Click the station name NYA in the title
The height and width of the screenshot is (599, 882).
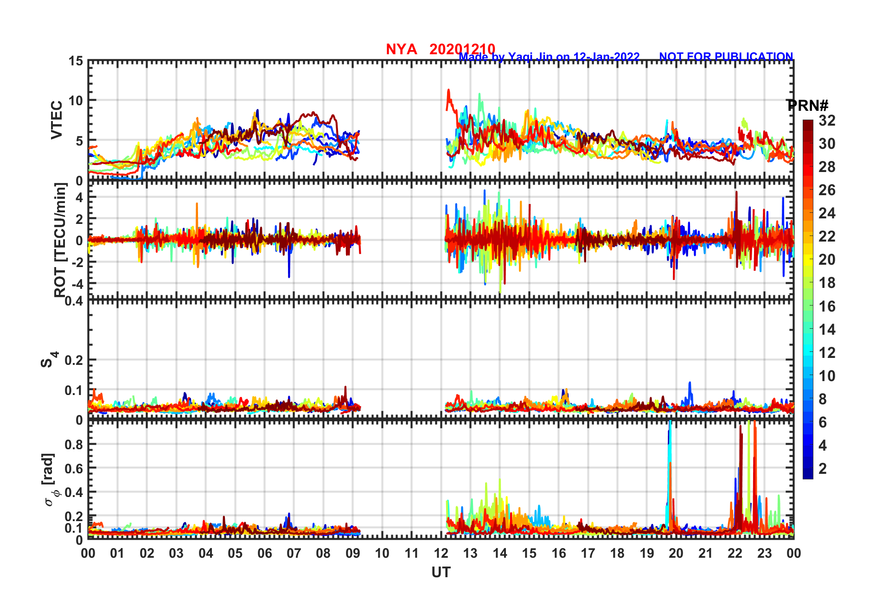[x=401, y=49]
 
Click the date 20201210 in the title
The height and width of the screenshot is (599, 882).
[x=462, y=49]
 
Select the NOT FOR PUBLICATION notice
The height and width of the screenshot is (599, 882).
[x=726, y=57]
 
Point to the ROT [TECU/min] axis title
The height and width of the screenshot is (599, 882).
[x=60, y=240]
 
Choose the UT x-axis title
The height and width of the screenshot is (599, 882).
[x=441, y=573]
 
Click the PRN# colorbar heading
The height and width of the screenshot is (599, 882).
[x=807, y=106]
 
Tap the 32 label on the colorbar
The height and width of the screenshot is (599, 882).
[x=827, y=121]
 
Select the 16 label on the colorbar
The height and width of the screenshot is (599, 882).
[x=827, y=306]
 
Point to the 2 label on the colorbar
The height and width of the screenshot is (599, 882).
[x=823, y=468]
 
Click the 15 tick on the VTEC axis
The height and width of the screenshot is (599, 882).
[x=76, y=61]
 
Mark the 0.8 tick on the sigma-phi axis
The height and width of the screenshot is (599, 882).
[x=73, y=444]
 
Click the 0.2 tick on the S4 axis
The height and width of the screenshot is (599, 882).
[x=73, y=360]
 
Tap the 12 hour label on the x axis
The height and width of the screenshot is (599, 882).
[x=441, y=553]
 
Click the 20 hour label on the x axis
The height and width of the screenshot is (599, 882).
[x=676, y=553]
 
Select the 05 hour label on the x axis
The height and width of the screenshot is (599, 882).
[x=235, y=553]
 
